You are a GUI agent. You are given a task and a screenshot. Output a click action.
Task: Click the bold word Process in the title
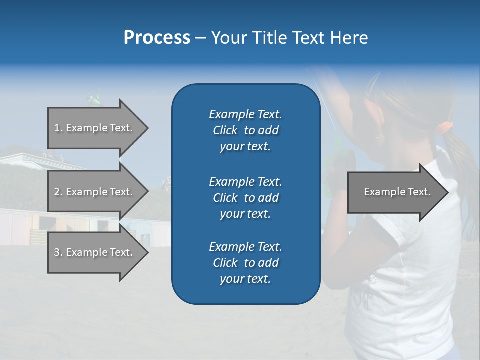pyautogui.click(x=157, y=38)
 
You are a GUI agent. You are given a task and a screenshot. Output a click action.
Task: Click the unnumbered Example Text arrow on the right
pyautogui.click(x=397, y=192)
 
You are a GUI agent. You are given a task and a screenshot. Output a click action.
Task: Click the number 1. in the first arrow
pyautogui.click(x=58, y=128)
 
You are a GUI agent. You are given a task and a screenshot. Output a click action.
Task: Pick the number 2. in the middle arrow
pyautogui.click(x=58, y=192)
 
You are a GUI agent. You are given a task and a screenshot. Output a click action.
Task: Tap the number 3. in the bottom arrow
pyautogui.click(x=58, y=252)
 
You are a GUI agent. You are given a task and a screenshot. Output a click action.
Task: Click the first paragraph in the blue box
pyautogui.click(x=245, y=130)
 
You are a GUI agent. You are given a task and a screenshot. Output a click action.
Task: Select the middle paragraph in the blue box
pyautogui.click(x=245, y=197)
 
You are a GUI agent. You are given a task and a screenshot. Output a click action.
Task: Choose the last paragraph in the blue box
pyautogui.click(x=245, y=263)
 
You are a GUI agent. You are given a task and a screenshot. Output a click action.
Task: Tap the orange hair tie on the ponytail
pyautogui.click(x=446, y=127)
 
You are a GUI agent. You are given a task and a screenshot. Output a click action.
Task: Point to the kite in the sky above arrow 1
pyautogui.click(x=94, y=97)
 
